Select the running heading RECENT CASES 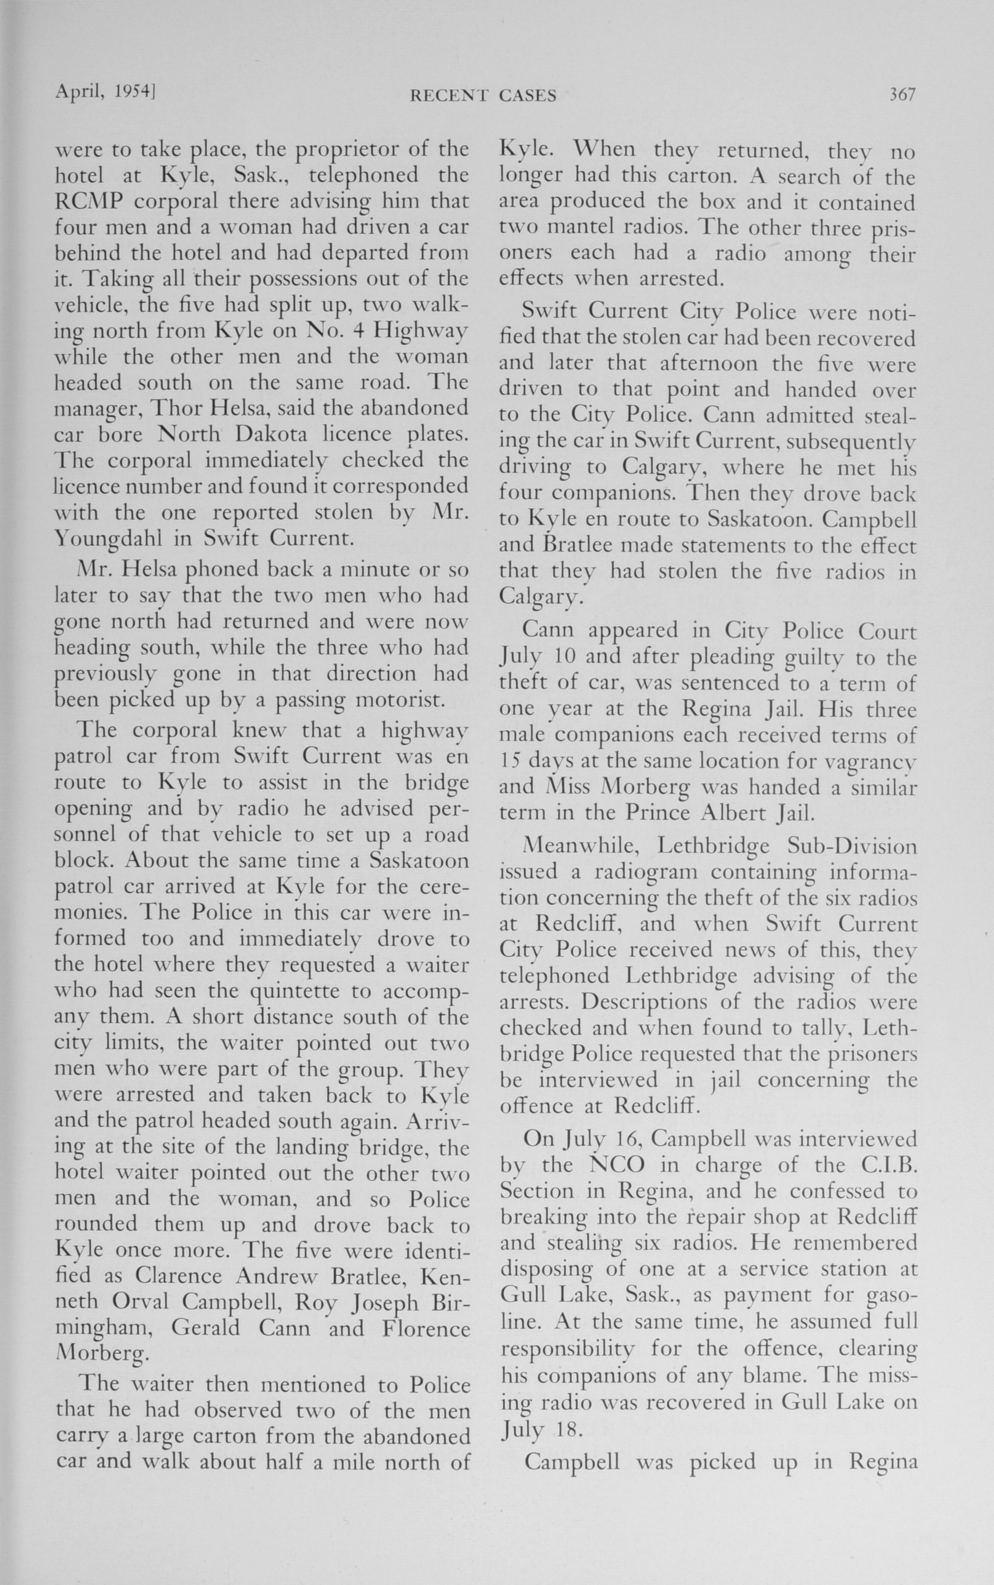point(483,96)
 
